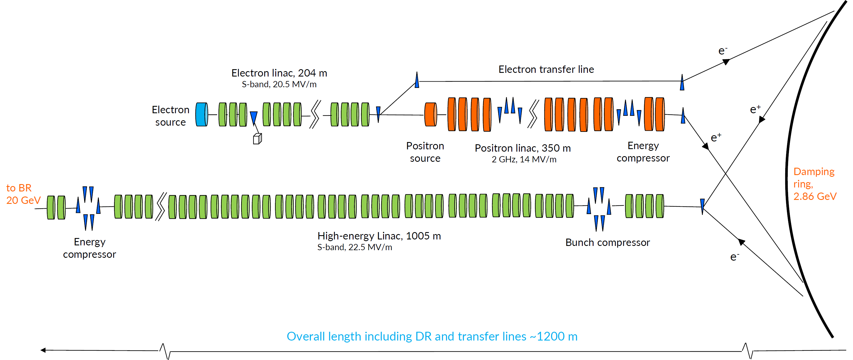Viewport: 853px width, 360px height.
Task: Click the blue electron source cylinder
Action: click(x=201, y=114)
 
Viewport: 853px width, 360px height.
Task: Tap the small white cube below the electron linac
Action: click(x=257, y=139)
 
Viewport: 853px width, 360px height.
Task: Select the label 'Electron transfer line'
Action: click(x=546, y=69)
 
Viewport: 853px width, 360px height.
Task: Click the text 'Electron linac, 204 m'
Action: click(x=279, y=73)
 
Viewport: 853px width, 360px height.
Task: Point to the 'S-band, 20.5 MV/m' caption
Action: click(x=279, y=84)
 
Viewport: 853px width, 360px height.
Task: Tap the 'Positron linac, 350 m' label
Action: click(x=523, y=148)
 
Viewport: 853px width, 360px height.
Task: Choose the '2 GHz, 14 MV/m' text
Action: click(x=524, y=160)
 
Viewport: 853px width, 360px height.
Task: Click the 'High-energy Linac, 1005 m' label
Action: click(x=379, y=236)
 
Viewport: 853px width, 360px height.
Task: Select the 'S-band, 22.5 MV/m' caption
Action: click(x=355, y=247)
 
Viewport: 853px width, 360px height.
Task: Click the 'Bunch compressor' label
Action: click(x=607, y=243)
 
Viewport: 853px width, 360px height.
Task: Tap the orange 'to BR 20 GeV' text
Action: click(x=23, y=194)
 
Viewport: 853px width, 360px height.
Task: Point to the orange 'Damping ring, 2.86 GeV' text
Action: click(x=814, y=184)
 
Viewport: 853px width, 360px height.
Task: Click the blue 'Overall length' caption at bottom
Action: click(x=432, y=337)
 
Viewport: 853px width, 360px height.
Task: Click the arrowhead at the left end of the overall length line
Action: click(x=43, y=350)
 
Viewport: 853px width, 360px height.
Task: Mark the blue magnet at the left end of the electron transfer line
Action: click(x=417, y=80)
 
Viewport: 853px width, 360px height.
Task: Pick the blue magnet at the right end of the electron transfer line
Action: click(x=682, y=82)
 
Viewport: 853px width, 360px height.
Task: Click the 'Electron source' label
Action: click(x=171, y=116)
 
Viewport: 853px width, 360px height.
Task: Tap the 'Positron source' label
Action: click(x=425, y=152)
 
